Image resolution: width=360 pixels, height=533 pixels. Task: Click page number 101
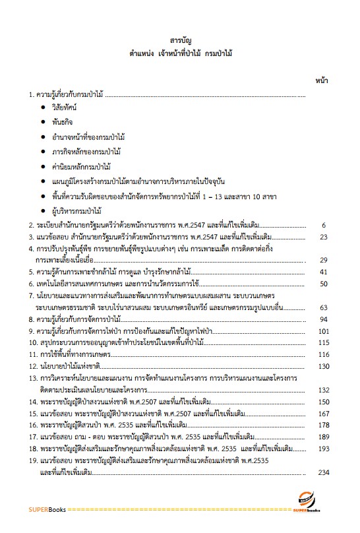click(x=322, y=331)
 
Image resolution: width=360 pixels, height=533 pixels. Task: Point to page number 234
click(x=322, y=472)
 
